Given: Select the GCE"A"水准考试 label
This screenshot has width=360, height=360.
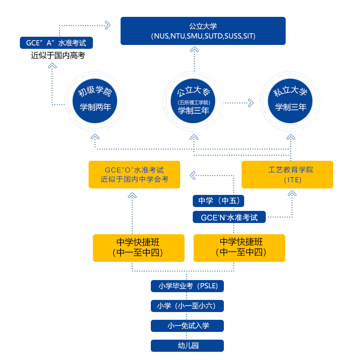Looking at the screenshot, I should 56,43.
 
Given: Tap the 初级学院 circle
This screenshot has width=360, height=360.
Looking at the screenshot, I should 95,101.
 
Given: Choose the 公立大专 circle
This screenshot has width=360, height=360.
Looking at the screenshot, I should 194,101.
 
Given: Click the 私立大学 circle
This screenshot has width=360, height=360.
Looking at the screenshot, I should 290,101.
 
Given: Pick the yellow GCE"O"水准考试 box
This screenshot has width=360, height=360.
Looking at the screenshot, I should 134,175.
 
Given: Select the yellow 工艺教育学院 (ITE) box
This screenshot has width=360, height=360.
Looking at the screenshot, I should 287,175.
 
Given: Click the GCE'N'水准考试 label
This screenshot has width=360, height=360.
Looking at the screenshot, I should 229,217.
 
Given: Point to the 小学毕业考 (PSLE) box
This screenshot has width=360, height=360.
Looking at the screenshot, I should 187,286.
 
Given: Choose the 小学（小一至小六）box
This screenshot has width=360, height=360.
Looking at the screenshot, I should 187,306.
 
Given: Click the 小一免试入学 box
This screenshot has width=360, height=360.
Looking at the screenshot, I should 187,325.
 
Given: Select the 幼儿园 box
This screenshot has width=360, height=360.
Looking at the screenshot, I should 187,346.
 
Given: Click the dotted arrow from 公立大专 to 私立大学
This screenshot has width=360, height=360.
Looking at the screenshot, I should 238,103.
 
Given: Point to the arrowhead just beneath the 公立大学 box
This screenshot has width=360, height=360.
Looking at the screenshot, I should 194,50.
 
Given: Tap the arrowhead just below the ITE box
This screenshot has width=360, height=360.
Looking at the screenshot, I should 293,193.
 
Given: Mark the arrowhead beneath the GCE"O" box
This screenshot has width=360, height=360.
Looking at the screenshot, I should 132,194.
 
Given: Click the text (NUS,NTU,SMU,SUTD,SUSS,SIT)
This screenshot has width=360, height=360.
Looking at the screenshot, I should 203,36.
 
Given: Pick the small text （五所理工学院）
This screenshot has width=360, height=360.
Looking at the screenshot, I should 194,102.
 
